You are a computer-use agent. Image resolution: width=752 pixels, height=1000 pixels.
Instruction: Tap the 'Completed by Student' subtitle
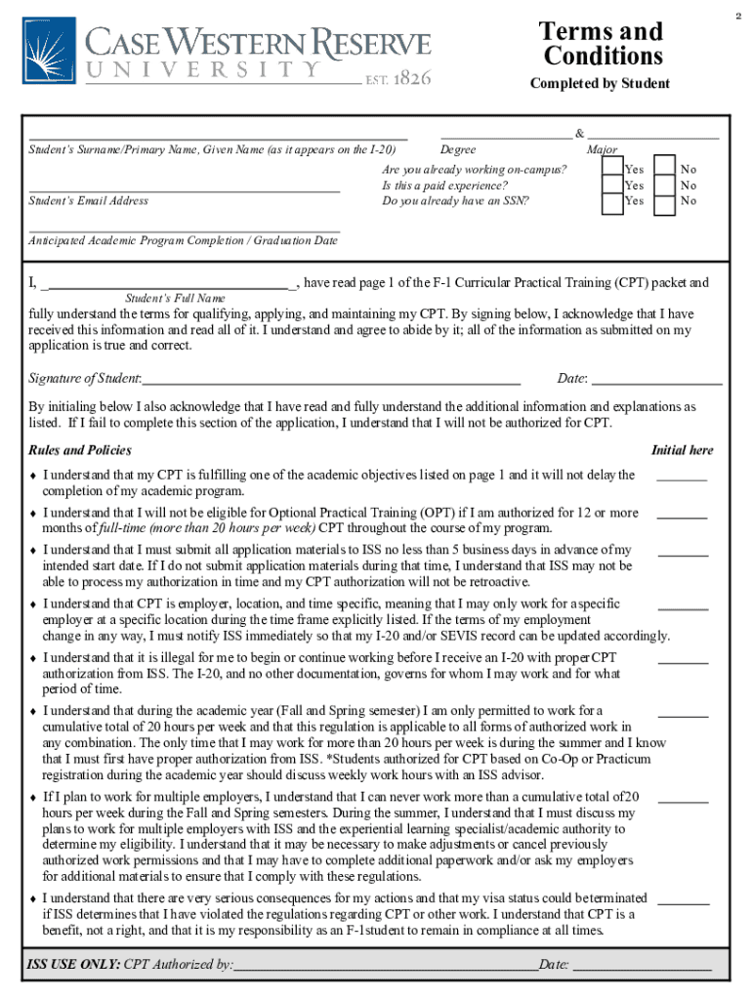[x=600, y=84]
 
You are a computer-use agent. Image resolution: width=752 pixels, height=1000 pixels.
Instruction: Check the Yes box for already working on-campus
[x=611, y=168]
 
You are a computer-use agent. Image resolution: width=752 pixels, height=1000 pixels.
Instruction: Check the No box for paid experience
[x=665, y=185]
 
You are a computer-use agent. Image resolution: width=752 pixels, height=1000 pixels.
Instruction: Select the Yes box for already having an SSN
[x=611, y=202]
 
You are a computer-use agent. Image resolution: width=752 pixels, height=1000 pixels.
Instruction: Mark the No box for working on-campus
[x=665, y=168]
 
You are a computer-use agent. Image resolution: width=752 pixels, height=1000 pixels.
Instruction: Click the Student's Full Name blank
[x=171, y=287]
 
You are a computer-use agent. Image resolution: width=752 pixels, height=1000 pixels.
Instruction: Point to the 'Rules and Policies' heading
[x=80, y=450]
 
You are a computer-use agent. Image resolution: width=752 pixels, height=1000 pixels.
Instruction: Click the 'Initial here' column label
[x=682, y=450]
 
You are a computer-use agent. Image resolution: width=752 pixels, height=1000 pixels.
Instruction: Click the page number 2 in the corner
[x=739, y=17]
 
